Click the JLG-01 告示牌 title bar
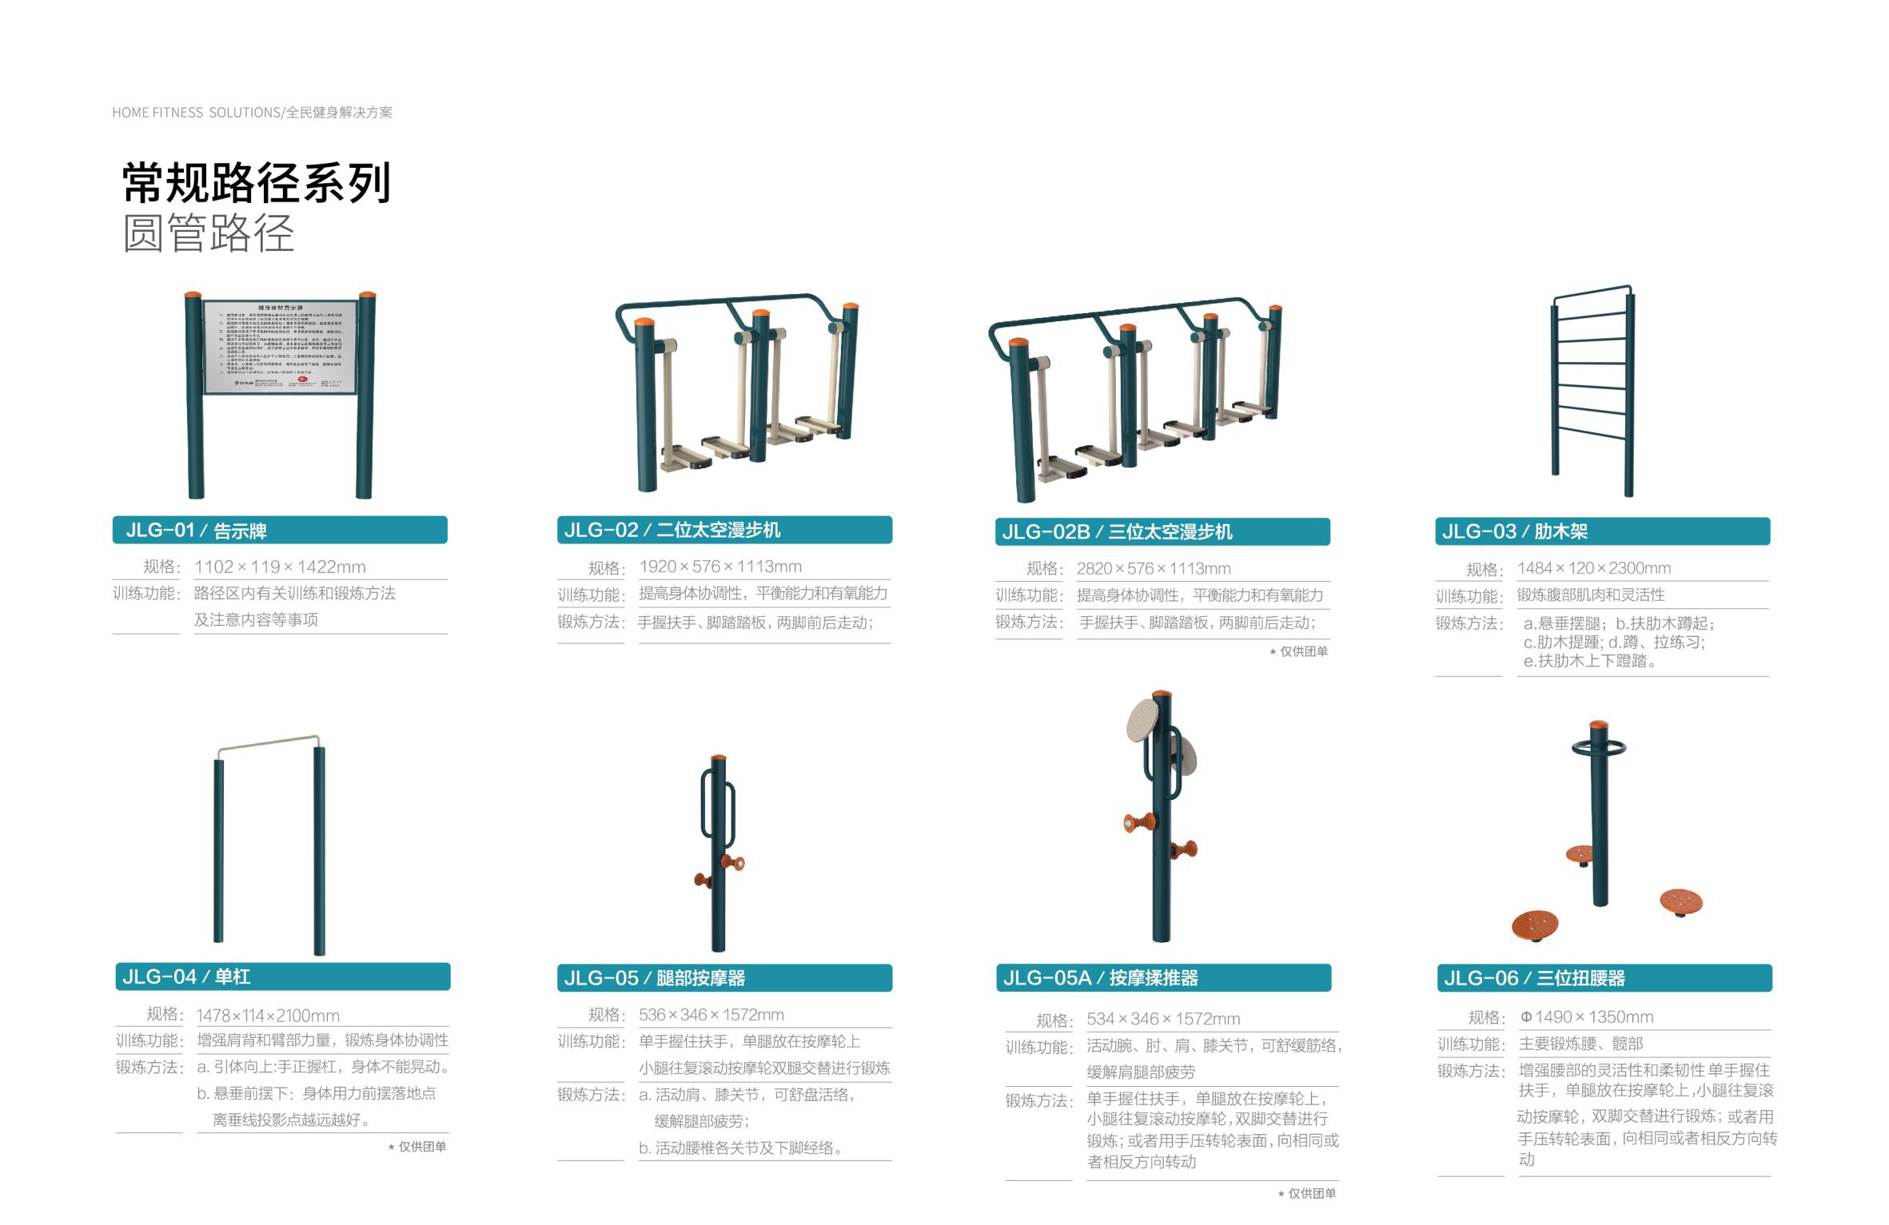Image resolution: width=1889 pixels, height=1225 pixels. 279,530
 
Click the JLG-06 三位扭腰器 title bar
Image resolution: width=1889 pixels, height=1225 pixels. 1604,978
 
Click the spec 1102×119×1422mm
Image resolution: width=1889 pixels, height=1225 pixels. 280,567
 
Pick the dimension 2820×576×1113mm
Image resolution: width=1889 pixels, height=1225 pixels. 1153,569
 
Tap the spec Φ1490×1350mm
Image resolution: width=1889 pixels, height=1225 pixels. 1586,1017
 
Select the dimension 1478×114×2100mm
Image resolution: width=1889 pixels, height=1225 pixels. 268,1016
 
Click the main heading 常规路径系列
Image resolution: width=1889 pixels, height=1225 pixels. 256,183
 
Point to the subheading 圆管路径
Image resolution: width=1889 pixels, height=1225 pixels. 209,234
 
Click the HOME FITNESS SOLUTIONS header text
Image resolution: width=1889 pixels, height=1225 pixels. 252,113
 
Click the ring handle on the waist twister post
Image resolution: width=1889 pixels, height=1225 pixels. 1599,748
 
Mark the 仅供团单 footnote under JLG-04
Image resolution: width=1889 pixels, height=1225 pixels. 417,1147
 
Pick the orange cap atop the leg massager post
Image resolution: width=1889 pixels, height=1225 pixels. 719,757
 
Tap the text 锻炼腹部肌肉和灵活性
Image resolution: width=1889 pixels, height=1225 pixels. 1591,595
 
